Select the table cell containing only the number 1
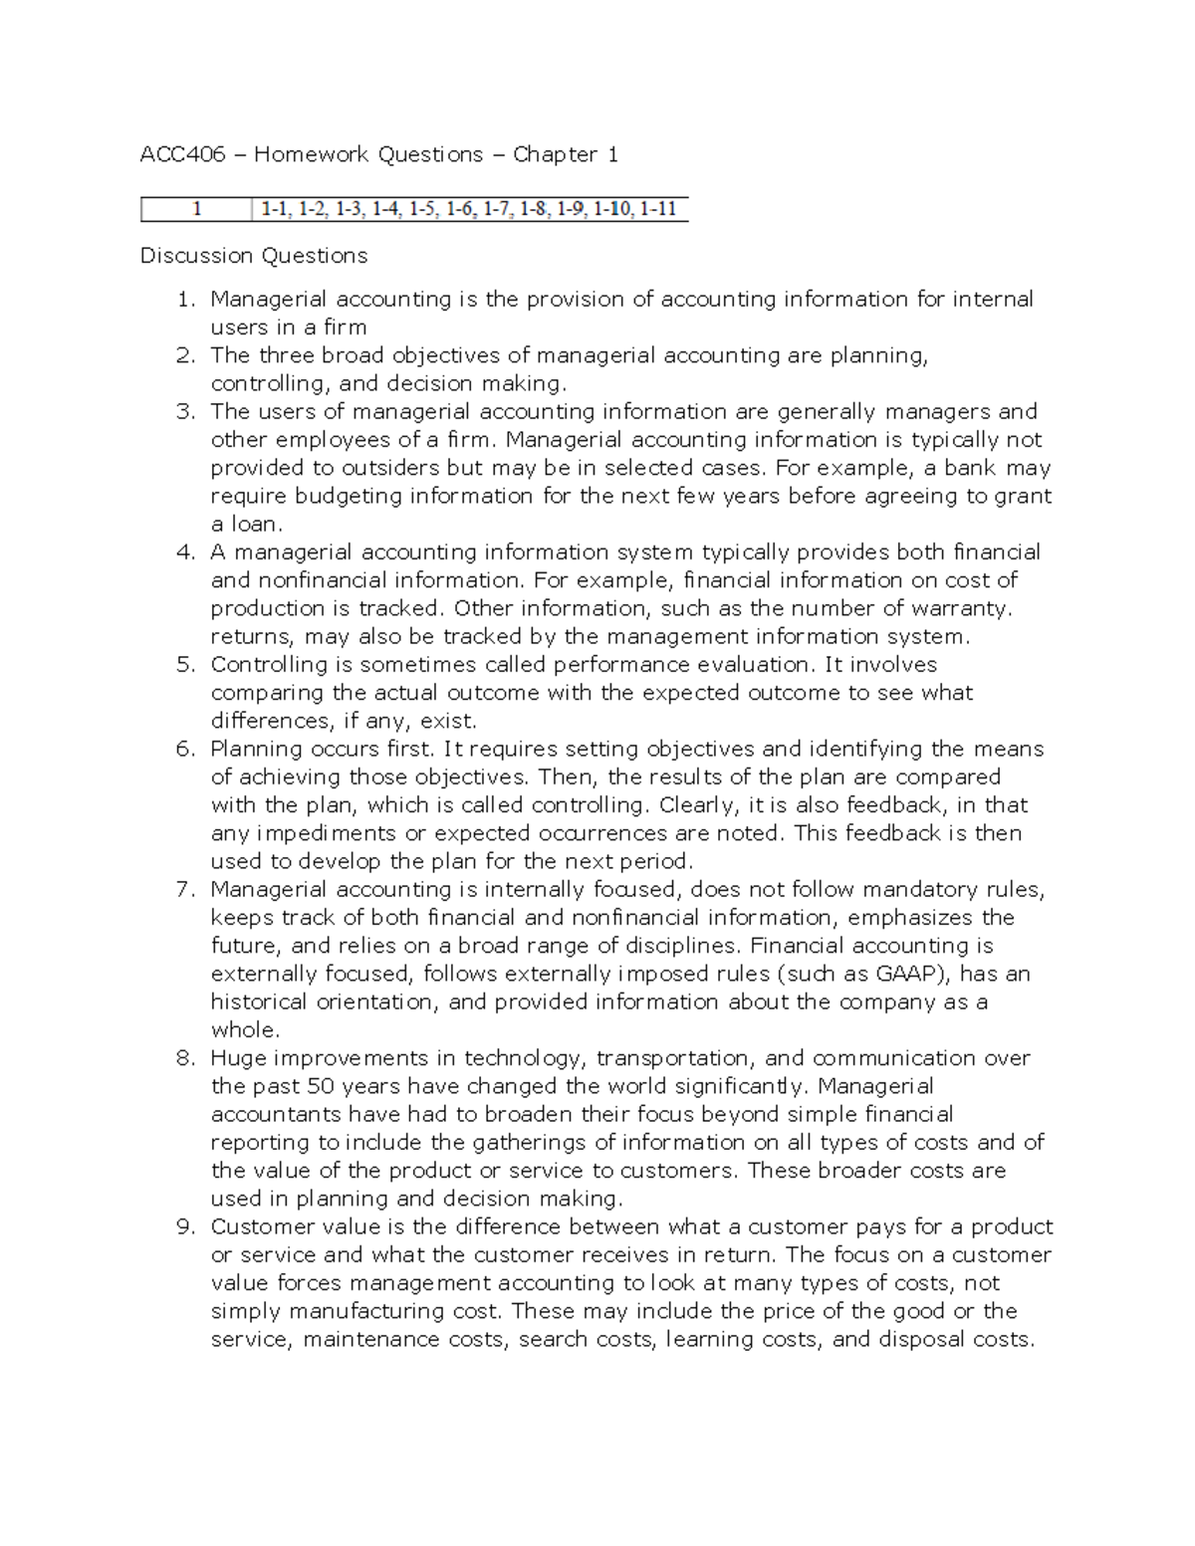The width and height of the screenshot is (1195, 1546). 197,209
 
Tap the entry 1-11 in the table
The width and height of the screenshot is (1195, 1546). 658,209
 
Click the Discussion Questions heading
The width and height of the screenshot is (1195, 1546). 254,256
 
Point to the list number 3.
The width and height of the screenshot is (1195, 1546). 186,412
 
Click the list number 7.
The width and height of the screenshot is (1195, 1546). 186,890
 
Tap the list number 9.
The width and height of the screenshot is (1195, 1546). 186,1227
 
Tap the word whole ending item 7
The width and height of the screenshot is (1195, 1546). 244,1030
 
